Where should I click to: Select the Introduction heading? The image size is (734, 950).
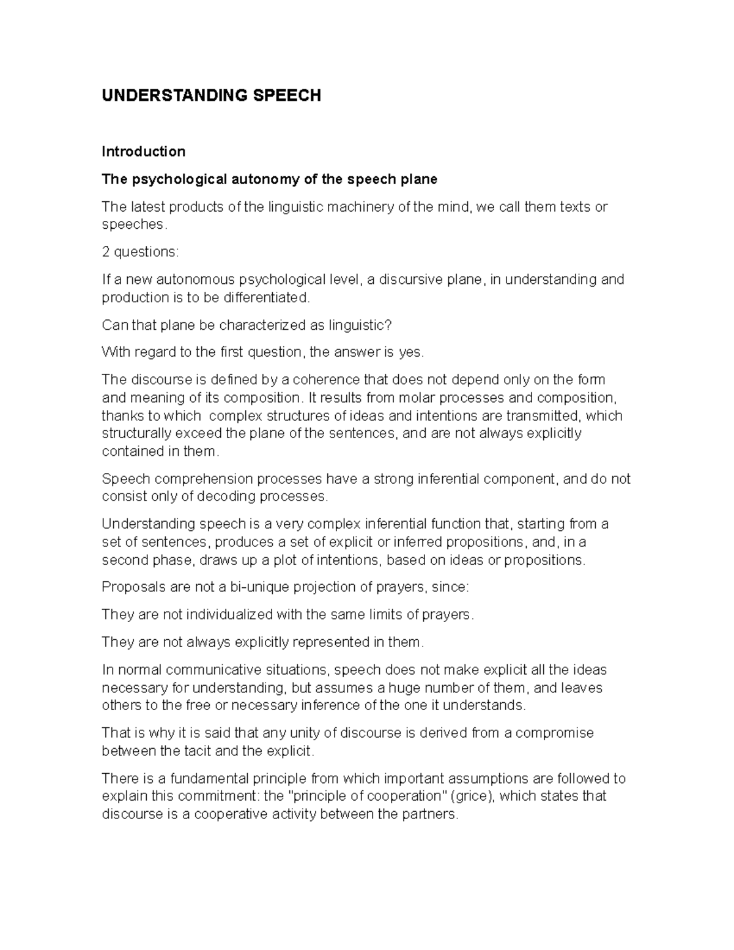click(x=143, y=151)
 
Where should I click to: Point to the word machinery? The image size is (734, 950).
click(x=361, y=207)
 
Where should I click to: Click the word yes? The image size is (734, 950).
click(x=410, y=352)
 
